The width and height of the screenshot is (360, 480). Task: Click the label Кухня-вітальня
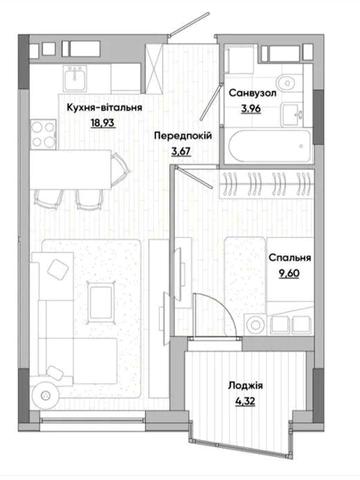[104, 108]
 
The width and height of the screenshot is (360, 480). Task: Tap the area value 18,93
[103, 123]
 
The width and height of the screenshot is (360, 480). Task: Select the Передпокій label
[183, 136]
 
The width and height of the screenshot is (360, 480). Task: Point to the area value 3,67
[181, 152]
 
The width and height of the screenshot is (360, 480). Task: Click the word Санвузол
[252, 93]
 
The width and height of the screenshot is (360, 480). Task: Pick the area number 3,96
[251, 109]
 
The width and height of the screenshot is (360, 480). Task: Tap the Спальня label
[290, 258]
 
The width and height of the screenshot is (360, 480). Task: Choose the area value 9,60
[289, 273]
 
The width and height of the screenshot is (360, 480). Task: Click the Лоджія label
[245, 386]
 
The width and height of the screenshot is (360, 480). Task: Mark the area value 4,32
[245, 401]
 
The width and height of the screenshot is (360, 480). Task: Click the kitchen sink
[75, 78]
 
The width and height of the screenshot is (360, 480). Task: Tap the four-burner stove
[43, 134]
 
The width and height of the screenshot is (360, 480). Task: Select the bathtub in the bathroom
[270, 146]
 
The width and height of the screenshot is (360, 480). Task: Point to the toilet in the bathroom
[287, 82]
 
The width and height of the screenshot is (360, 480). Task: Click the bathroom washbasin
[292, 114]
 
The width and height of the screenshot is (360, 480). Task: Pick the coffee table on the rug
[101, 302]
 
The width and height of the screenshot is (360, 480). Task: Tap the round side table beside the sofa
[45, 395]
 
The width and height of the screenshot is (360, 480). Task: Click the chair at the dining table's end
[120, 169]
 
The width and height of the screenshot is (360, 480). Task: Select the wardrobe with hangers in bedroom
[267, 184]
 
